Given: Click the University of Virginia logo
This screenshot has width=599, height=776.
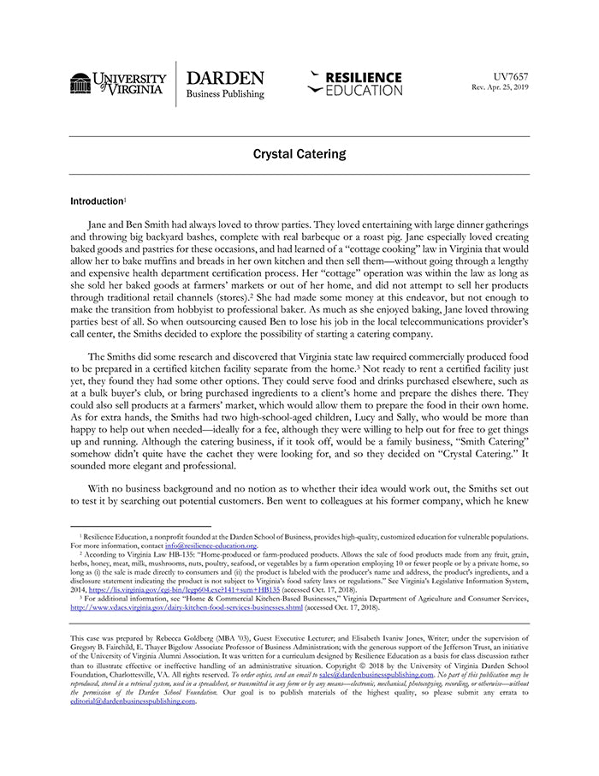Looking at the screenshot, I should click(118, 84).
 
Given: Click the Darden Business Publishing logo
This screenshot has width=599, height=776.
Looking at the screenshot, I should click(225, 84).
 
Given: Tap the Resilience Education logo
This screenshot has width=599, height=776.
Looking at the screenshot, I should click(354, 83).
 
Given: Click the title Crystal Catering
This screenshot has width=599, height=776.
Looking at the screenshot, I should click(299, 154).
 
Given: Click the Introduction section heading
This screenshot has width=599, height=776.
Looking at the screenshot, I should click(97, 201).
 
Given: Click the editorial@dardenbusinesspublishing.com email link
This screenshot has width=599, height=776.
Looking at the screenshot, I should click(133, 701).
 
